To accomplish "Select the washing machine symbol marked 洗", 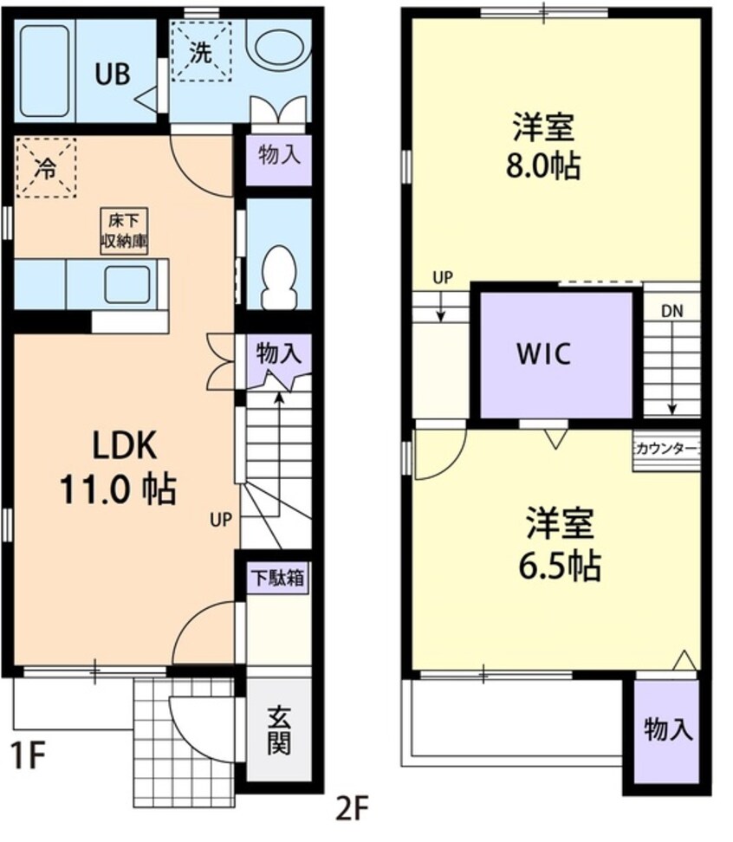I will coord(200,50).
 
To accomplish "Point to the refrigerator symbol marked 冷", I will coord(45,167).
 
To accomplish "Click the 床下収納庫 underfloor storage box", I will coord(121,231).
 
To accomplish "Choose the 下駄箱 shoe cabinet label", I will coord(278,578).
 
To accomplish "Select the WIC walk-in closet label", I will coord(543,354).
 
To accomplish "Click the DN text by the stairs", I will coord(672,311).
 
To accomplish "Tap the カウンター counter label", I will coord(665,448).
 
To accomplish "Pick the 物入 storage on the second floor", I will coord(668,730).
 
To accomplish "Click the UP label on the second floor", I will coord(442,277).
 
